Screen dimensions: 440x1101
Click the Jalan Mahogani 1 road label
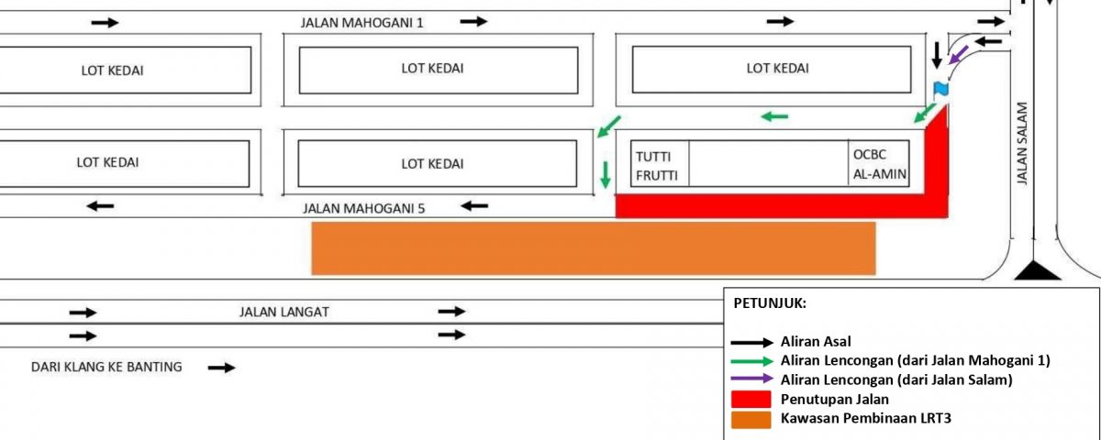[x=362, y=22]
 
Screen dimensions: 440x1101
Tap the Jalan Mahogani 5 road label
[x=364, y=208]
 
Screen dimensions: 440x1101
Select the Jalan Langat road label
[x=284, y=312]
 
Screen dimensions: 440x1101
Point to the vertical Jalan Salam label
[x=1024, y=144]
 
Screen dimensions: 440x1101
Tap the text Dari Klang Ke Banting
[x=106, y=368]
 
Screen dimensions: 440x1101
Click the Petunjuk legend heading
[x=769, y=302]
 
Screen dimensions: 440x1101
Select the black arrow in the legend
[x=752, y=342]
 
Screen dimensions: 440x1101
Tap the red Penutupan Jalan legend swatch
[x=752, y=399]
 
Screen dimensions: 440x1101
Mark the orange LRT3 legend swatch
[x=752, y=419]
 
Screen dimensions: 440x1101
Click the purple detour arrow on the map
[x=959, y=57]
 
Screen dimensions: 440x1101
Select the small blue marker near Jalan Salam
[x=940, y=88]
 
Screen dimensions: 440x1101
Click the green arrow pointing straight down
[x=606, y=174]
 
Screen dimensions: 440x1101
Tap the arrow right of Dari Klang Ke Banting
[x=221, y=368]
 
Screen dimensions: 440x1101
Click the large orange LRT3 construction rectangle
[x=594, y=247]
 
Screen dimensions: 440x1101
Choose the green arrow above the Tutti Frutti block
[x=774, y=116]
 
